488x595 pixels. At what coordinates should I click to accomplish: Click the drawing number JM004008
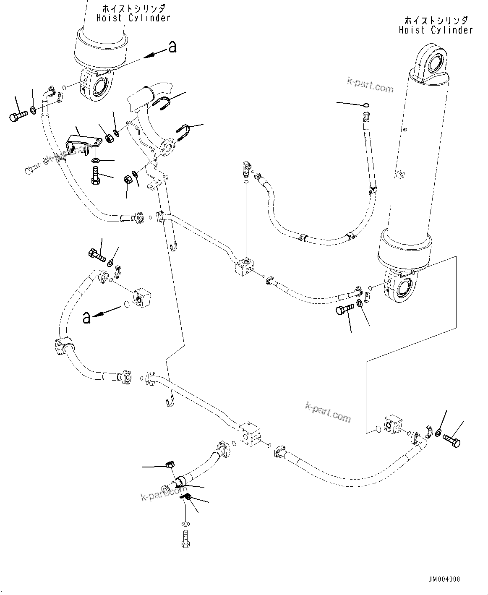tap(444, 579)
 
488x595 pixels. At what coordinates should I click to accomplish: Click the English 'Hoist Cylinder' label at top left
tap(133, 18)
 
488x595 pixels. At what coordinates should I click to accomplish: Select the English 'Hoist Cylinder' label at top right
tap(436, 30)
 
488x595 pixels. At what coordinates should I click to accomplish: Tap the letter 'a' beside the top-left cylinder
tap(172, 47)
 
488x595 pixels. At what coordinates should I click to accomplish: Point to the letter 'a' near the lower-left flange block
tap(87, 318)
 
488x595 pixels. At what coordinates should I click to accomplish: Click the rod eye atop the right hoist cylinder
tap(433, 60)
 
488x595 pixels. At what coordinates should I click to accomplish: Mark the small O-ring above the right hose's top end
tap(366, 105)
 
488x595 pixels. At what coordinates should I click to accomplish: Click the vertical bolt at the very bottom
tap(185, 538)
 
